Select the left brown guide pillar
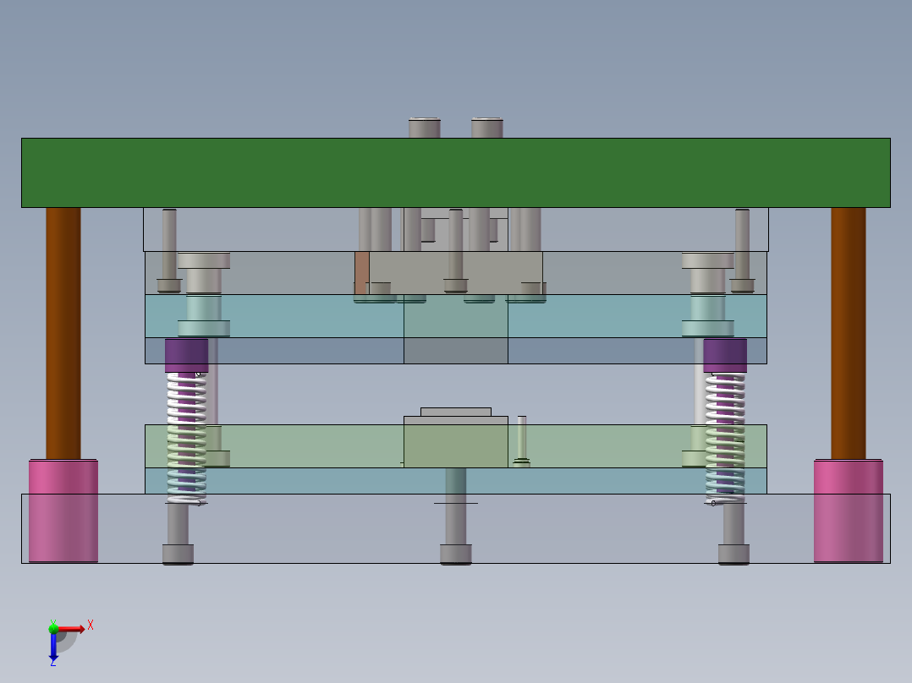point(63,333)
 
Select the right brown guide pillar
point(848,333)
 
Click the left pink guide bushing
point(63,511)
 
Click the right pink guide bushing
point(848,511)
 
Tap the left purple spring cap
point(186,355)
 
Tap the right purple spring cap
point(725,355)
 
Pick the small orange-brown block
point(361,272)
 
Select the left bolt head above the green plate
point(424,128)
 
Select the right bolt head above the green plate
point(487,128)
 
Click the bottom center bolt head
point(455,555)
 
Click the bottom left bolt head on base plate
point(178,555)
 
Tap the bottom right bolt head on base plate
point(733,555)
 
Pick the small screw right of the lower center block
point(522,440)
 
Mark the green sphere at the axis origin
point(53,627)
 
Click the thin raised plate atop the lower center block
point(455,412)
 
